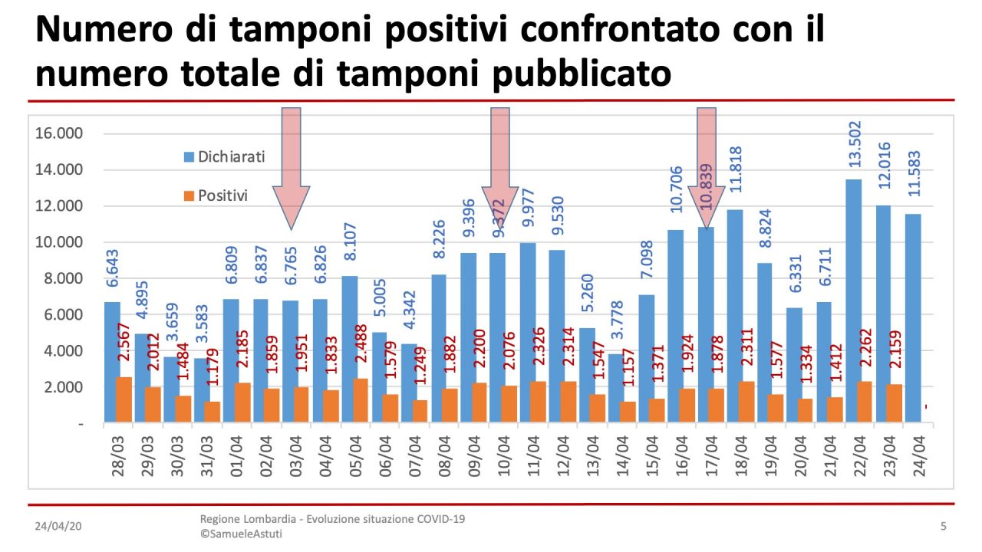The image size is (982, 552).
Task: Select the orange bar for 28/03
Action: click(123, 399)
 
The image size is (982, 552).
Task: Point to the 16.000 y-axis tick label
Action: click(58, 133)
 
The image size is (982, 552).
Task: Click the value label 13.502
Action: click(855, 144)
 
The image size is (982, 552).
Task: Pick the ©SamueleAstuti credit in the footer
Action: click(241, 534)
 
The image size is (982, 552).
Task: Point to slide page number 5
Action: click(943, 526)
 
